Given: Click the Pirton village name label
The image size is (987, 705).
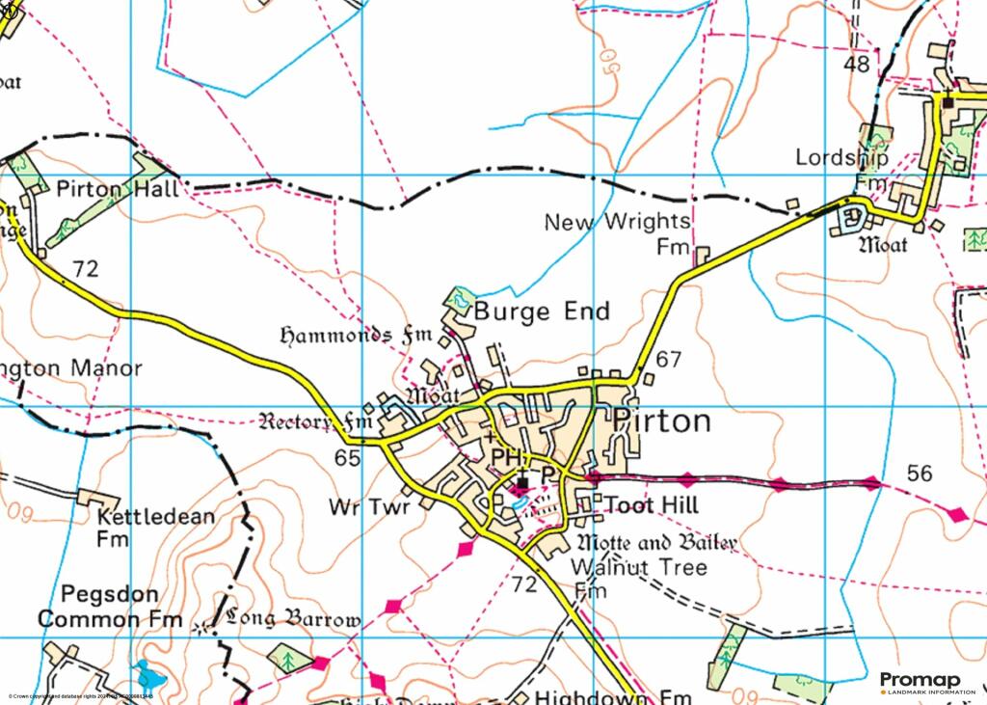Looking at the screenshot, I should click(x=662, y=421).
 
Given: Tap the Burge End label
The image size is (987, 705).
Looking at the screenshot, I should click(x=541, y=312).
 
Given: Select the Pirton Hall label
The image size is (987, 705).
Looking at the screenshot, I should click(x=118, y=189).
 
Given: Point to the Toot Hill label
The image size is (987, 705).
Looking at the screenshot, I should click(x=651, y=505).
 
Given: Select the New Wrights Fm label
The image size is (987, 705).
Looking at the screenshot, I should click(x=618, y=234).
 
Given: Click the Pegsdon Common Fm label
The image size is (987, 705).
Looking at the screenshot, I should click(x=109, y=606).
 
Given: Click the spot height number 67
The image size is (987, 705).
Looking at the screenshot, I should click(x=669, y=360).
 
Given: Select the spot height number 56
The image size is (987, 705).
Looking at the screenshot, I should click(x=920, y=473).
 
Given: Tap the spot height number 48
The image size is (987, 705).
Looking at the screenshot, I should click(x=855, y=65).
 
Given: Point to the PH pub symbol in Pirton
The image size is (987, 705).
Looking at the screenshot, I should click(x=506, y=455).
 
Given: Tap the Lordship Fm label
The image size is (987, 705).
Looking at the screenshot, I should click(x=841, y=168).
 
